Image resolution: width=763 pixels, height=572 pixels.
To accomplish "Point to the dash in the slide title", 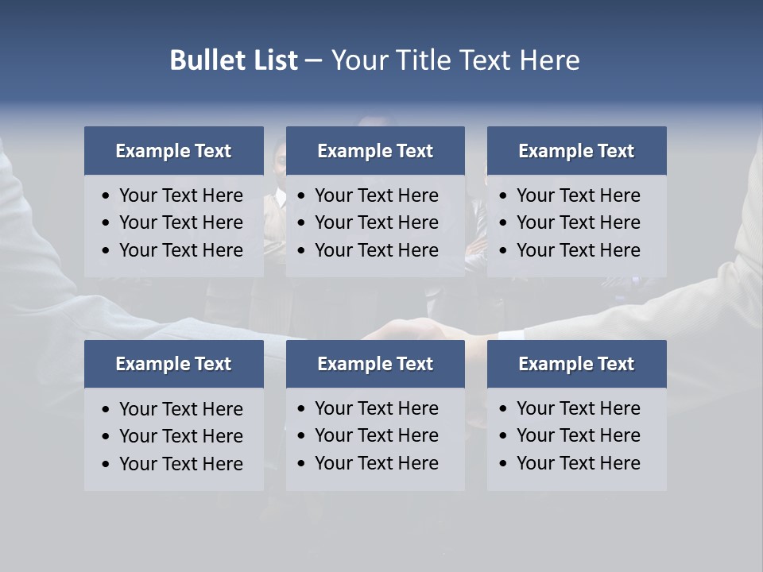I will [x=313, y=60].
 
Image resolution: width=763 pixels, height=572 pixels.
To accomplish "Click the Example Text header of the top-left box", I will [x=173, y=151].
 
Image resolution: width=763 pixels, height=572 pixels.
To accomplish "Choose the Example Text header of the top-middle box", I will [x=375, y=151].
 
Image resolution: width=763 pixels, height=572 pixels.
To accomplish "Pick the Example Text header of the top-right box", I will [x=576, y=151].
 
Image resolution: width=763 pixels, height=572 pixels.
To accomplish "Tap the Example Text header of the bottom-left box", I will [x=173, y=364].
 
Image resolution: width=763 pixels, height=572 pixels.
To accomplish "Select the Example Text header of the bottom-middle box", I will [x=375, y=364].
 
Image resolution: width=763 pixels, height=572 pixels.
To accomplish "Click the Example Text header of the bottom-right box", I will [x=576, y=364].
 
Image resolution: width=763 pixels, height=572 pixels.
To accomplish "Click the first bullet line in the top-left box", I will [x=180, y=195].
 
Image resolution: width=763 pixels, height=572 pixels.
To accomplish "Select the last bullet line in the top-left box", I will [x=180, y=250].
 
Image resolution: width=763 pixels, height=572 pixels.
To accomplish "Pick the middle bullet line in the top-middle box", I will [x=376, y=222].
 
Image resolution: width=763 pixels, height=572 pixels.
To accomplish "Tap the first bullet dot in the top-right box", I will [x=503, y=196].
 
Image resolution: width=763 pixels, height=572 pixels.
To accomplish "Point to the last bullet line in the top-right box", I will [x=578, y=250].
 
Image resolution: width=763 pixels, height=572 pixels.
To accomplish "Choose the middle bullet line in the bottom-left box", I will [x=180, y=436].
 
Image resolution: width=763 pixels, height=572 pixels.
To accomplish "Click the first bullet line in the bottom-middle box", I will [x=376, y=408].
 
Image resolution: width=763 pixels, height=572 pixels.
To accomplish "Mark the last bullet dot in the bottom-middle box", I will [x=301, y=464].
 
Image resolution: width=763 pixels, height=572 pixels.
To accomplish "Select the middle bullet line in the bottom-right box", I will [x=578, y=435].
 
